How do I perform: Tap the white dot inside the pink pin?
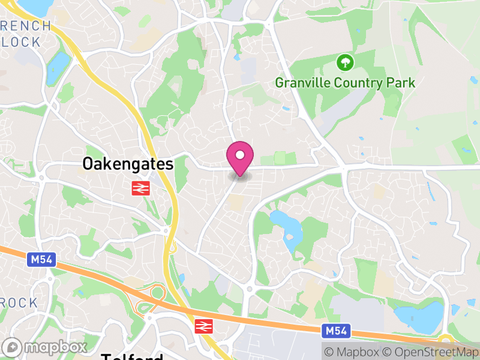[240, 156]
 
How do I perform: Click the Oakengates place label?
[128, 164]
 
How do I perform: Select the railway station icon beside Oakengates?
[140, 188]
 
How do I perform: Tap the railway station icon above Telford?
[203, 326]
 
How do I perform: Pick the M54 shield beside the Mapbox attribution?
[335, 331]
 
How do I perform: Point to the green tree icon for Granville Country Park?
[345, 62]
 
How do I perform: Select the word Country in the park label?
[360, 83]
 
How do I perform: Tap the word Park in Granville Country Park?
[402, 83]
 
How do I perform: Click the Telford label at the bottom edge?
[132, 356]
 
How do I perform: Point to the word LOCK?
[21, 42]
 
